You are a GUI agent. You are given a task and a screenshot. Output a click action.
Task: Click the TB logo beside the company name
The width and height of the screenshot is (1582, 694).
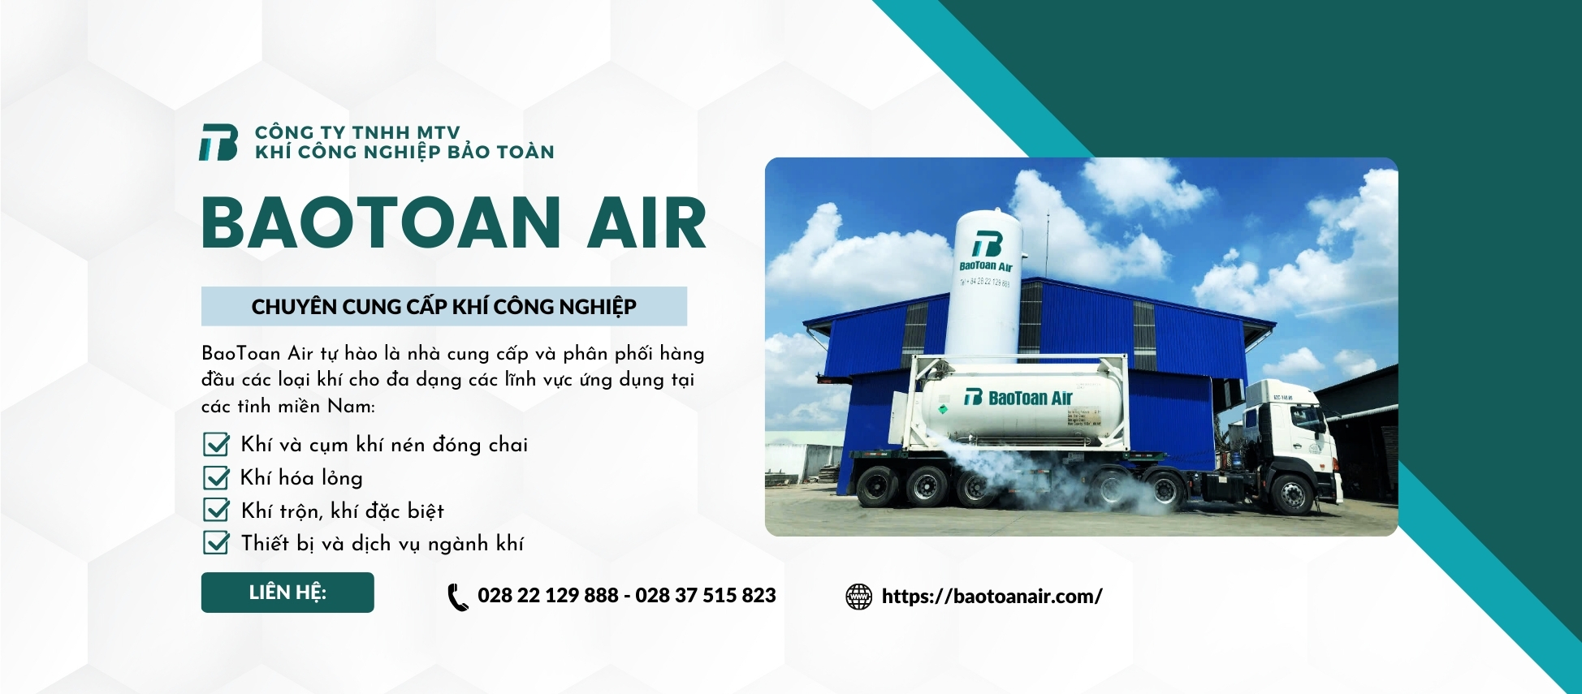218,142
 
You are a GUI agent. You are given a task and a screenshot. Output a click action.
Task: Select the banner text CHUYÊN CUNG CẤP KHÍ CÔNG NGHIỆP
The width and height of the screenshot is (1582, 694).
443,307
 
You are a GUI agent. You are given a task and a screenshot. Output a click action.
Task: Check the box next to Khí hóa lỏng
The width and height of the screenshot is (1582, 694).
216,477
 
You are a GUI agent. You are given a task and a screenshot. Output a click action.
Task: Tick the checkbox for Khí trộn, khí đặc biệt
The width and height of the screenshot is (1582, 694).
216,510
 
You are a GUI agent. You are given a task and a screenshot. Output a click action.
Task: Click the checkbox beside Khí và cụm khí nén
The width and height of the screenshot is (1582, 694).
216,444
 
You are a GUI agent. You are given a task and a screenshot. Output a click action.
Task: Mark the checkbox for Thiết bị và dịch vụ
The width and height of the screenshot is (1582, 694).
216,542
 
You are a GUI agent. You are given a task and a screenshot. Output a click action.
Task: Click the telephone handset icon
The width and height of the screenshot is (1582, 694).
458,597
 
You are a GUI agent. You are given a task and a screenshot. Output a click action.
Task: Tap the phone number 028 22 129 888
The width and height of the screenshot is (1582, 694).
547,596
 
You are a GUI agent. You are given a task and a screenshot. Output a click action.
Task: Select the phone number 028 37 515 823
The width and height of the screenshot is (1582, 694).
705,596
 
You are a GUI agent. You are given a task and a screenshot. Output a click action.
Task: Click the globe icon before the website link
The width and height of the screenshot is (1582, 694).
858,597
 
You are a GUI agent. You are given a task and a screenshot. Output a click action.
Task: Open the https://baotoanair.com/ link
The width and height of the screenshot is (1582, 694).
992,597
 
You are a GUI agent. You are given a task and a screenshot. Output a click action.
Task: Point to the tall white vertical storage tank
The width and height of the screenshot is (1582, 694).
985,284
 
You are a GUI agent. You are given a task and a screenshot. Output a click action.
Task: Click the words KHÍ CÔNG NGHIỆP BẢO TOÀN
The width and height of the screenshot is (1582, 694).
404,153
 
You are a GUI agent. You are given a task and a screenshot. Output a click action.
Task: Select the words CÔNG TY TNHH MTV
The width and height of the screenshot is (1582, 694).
357,132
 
